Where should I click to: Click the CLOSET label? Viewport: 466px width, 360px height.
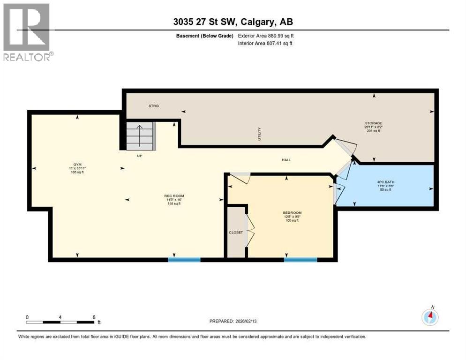236,232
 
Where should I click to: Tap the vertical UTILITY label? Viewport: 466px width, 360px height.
259,134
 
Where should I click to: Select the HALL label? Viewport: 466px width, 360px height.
286,160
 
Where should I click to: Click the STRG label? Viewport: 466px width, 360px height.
154,106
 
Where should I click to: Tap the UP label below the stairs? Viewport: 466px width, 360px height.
139,156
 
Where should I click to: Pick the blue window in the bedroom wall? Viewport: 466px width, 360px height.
300,259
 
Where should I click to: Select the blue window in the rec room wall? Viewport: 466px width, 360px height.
184,259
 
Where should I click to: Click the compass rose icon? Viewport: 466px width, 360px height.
430,317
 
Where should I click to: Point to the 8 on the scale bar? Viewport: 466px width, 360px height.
94,317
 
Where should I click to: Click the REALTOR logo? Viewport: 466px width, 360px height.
27,32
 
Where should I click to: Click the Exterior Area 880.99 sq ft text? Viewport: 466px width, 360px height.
266,36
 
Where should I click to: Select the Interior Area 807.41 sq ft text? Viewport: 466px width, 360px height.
265,44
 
